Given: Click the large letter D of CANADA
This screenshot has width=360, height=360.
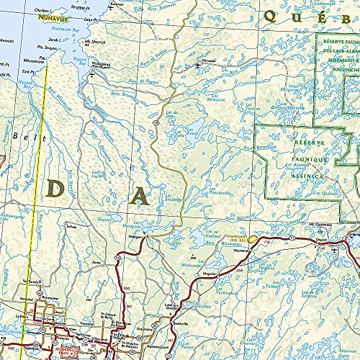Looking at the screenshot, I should [x=57, y=189].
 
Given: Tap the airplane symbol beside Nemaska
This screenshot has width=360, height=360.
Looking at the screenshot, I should [x=197, y=66].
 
